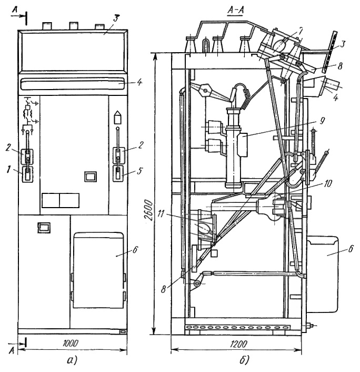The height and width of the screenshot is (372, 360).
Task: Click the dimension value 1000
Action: click(71, 344)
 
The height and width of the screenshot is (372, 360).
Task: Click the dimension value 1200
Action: click(238, 344)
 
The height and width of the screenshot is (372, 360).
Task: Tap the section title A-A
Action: click(236, 10)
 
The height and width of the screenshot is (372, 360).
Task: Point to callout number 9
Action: click(322, 121)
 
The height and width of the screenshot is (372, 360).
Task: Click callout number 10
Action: click(328, 183)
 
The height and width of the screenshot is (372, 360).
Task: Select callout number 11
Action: click(162, 214)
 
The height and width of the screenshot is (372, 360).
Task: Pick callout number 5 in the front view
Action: click(140, 170)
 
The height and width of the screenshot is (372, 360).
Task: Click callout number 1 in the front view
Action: click(8, 169)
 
